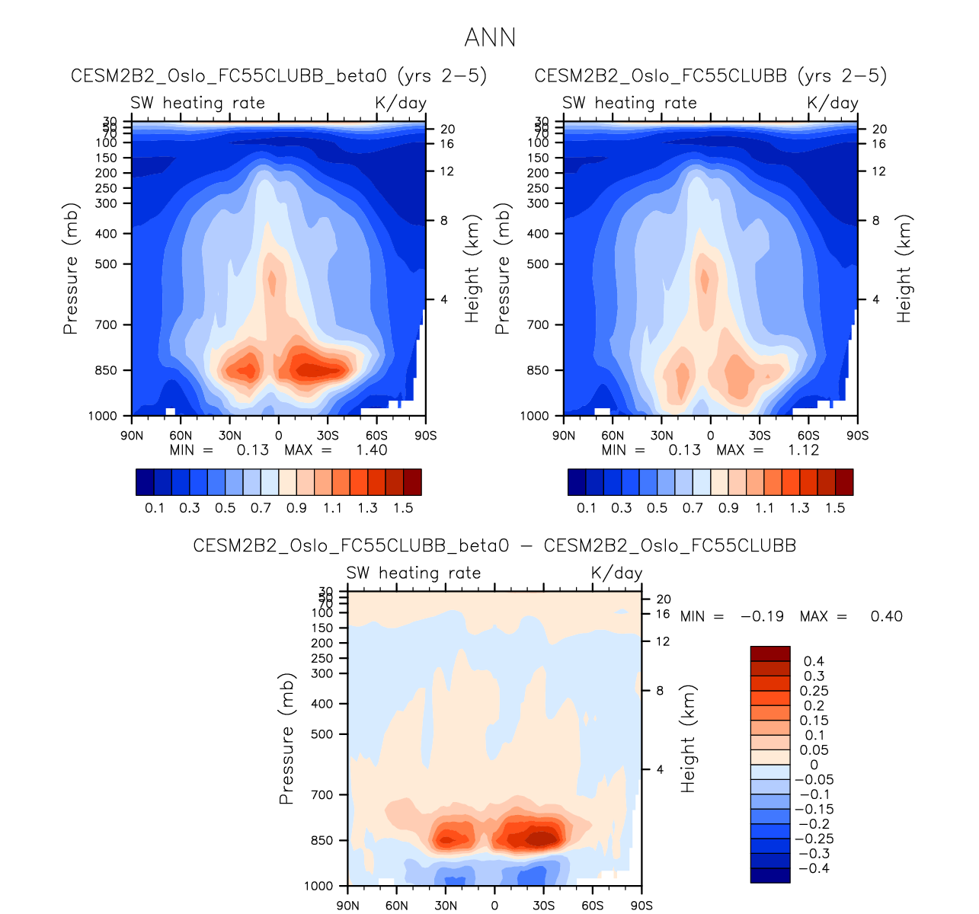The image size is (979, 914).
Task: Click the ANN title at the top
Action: [x=490, y=37]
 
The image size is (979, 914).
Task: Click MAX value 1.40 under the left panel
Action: [x=372, y=450]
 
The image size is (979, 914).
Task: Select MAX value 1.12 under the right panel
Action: [x=804, y=450]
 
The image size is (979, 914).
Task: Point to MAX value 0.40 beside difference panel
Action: [x=887, y=616]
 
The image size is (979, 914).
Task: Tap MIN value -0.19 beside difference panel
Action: [x=762, y=616]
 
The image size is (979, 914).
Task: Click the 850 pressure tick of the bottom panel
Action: [x=322, y=841]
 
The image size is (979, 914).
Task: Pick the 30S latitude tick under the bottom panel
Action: [x=543, y=906]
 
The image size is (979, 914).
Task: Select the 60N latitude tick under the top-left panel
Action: [x=181, y=436]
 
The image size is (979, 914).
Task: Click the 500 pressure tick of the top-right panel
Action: [x=538, y=264]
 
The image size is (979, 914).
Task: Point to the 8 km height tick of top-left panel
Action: [x=444, y=221]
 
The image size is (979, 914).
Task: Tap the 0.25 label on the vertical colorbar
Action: [x=814, y=691]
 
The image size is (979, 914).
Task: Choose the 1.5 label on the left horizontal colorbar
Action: [x=403, y=508]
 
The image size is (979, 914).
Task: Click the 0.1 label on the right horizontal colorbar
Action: [x=587, y=508]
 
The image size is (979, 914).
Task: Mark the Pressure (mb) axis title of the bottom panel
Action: [x=286, y=739]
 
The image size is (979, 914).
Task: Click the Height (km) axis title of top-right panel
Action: [x=904, y=269]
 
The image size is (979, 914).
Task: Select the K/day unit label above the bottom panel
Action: [x=616, y=573]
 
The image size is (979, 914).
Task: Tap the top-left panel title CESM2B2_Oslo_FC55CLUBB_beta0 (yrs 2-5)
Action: [x=279, y=76]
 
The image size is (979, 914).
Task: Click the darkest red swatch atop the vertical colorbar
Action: [x=770, y=654]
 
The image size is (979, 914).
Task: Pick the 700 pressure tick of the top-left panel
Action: [x=106, y=325]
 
